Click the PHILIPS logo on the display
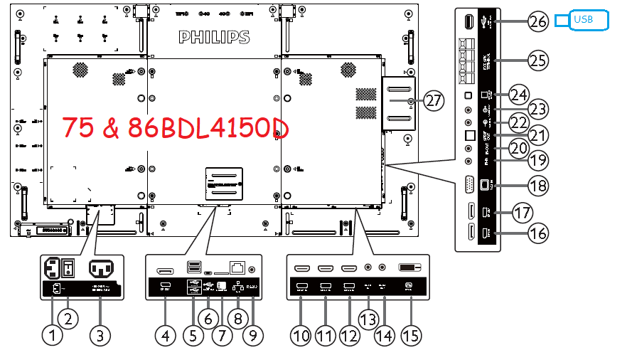point(214,36)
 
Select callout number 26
point(538,21)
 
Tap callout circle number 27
point(434,100)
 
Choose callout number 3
point(100,334)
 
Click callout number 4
point(165,334)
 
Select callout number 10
point(301,334)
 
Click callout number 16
point(538,233)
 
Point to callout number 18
point(538,186)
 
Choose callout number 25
point(538,60)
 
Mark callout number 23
point(538,109)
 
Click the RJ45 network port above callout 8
point(238,268)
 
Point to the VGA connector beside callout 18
point(469,185)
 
